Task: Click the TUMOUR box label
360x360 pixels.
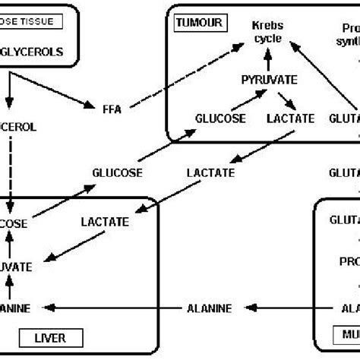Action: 198,23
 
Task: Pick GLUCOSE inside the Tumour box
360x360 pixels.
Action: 219,119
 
